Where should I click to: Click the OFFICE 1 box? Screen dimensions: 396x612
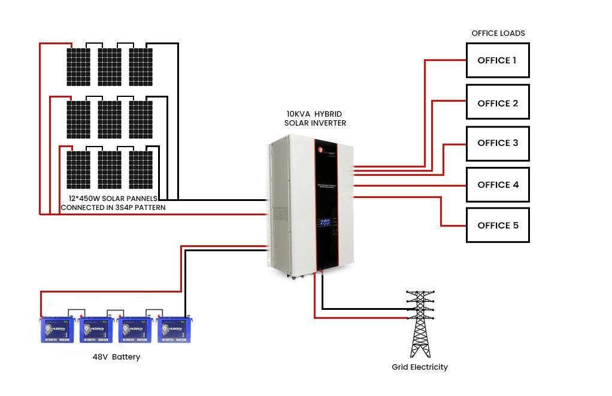click(x=498, y=60)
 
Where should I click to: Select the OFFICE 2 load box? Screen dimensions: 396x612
click(x=498, y=102)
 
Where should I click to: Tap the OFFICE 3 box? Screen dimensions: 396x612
click(x=498, y=143)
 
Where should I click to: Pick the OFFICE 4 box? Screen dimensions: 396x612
click(x=498, y=185)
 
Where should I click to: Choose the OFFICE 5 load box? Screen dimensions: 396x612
click(x=498, y=225)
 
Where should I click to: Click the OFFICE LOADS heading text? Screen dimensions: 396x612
click(x=498, y=33)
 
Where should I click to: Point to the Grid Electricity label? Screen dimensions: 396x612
click(x=420, y=367)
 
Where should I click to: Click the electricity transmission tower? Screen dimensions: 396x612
click(x=420, y=324)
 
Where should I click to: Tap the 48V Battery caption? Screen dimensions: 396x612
click(x=116, y=357)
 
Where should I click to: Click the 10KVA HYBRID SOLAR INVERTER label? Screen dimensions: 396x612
click(x=315, y=118)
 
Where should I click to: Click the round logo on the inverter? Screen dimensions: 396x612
click(x=321, y=150)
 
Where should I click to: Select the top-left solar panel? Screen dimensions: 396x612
click(x=78, y=66)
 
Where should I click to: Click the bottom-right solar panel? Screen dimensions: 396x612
click(x=141, y=169)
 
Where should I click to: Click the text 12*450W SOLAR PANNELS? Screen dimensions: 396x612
click(x=113, y=198)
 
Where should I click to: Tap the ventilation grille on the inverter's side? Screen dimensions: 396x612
click(x=280, y=215)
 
